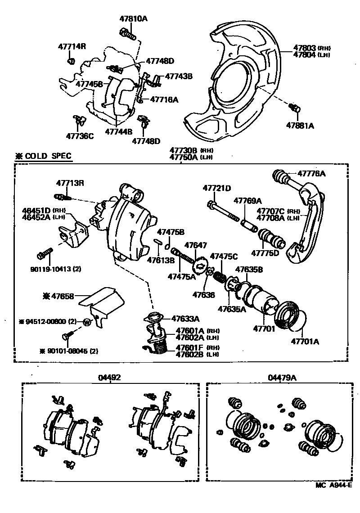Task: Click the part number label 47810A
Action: tap(134, 19)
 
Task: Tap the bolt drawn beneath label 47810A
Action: tap(127, 33)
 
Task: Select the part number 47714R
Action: tap(72, 46)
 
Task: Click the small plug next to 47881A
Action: tap(296, 108)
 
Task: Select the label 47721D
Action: tap(216, 188)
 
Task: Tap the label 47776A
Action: tap(310, 173)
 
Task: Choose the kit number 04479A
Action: tap(282, 378)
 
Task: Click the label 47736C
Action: tap(80, 136)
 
